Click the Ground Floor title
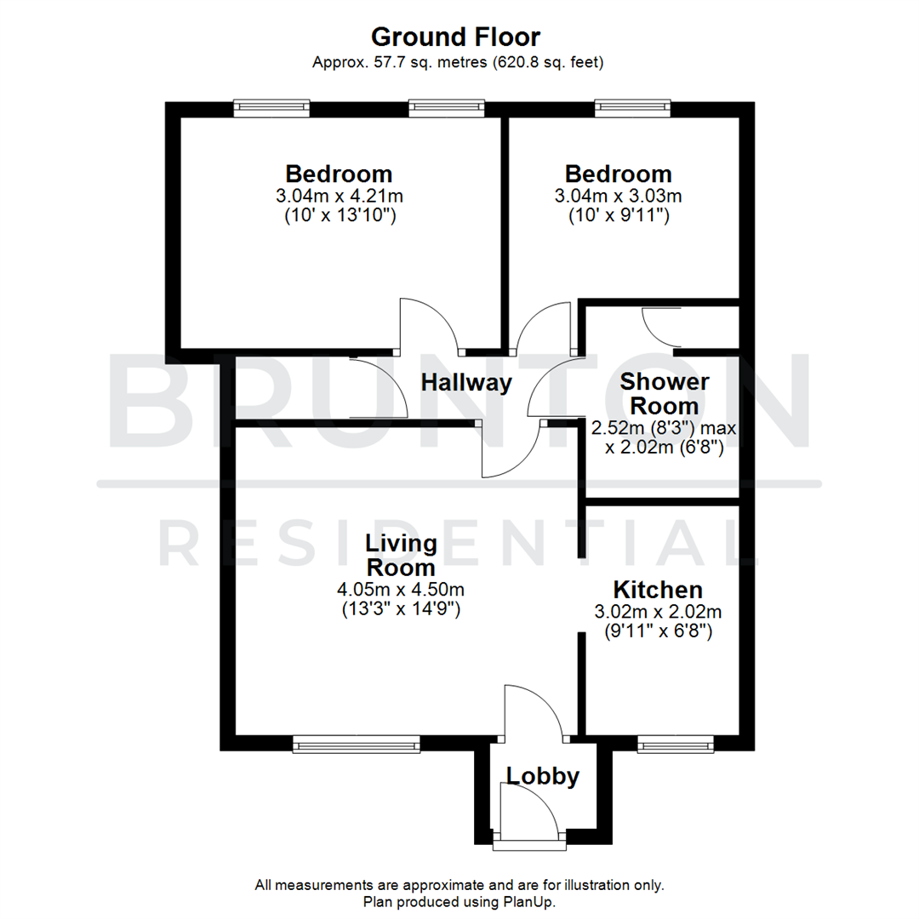point(455,37)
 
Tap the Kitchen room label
point(658,590)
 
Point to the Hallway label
point(467,383)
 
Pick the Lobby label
point(543,775)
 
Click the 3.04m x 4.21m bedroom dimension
point(339,197)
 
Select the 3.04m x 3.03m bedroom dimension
point(618,197)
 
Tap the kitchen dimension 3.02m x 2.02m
point(658,612)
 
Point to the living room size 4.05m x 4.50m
point(400,589)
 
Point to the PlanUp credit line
point(459,900)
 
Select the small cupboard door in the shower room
point(657,327)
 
